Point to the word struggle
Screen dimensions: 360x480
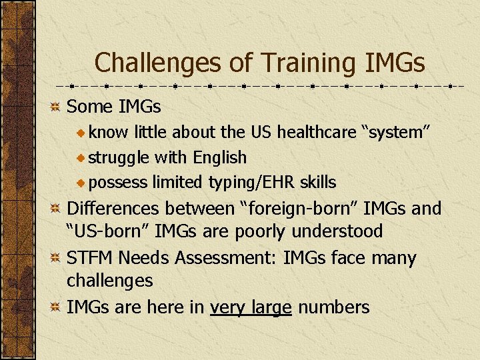click(119, 158)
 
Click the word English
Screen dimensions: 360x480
click(219, 158)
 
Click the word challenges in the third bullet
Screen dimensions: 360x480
click(109, 281)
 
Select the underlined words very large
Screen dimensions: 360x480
click(251, 307)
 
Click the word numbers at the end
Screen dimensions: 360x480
click(333, 307)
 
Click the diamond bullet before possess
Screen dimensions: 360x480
click(81, 183)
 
